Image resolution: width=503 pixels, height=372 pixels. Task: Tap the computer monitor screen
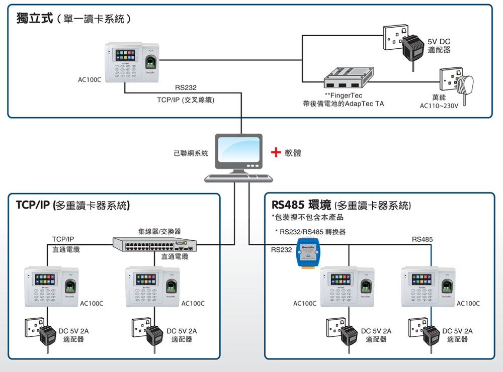coord(238,149)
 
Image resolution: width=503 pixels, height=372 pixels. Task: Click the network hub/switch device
coord(154,245)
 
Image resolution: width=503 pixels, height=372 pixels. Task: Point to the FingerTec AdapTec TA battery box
coord(349,77)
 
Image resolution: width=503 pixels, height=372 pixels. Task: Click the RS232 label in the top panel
coord(186,87)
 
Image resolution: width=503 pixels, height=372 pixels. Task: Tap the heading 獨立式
coord(35,18)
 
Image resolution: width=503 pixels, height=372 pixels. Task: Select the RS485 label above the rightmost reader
coord(422,239)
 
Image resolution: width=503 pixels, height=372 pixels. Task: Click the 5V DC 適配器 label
coord(439,46)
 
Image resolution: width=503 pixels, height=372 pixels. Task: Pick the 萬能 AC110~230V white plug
coord(464,86)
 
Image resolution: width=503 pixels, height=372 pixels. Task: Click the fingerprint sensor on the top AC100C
coord(151,62)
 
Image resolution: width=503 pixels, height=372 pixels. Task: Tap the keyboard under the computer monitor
coord(238,178)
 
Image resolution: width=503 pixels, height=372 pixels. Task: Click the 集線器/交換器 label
coord(159,231)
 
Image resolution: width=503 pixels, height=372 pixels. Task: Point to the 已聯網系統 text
coord(191,153)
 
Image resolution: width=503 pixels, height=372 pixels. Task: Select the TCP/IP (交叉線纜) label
coord(186,100)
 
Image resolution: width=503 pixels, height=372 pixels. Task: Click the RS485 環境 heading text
coord(301,205)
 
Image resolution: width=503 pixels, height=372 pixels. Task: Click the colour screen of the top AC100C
coord(125,55)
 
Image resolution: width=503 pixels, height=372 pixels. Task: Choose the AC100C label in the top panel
coord(90,79)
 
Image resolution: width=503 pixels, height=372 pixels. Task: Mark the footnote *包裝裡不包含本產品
coord(308,218)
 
